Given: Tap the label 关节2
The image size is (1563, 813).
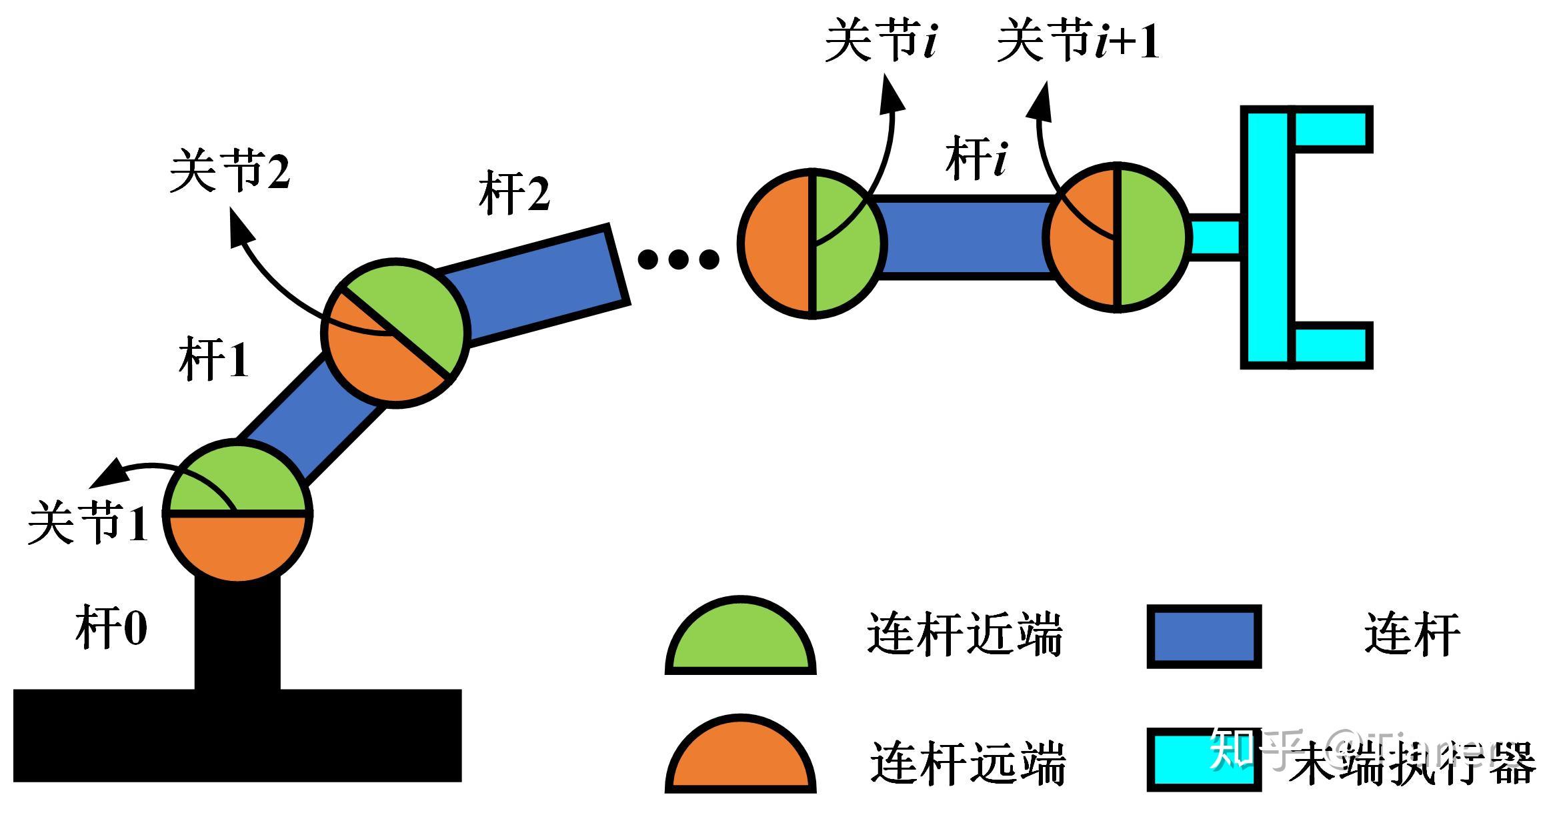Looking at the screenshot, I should click(230, 171).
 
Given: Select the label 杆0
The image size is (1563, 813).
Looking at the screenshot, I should click(111, 628).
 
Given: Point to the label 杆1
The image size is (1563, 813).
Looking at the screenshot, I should click(214, 360).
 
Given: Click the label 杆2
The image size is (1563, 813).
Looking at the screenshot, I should click(514, 194).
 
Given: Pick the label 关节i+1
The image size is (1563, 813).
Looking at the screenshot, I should click(1078, 41).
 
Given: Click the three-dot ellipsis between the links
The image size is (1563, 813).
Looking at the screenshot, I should click(678, 259).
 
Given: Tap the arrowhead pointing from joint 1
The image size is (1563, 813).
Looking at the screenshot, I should click(107, 475).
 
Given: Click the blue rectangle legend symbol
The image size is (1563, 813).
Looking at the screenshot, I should click(1204, 636).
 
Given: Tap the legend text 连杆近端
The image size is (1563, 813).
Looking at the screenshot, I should click(964, 634).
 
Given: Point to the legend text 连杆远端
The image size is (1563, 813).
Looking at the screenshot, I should click(967, 762).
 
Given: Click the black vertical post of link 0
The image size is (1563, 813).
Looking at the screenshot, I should click(237, 634).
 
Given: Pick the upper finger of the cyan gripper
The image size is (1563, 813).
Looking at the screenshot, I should click(1332, 129).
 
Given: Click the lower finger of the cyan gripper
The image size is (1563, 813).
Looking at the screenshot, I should click(1332, 345).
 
